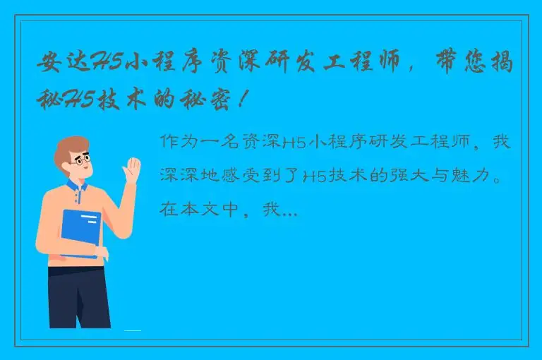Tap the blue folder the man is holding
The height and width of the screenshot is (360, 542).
[x=80, y=233]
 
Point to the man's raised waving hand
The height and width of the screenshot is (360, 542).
[x=132, y=172]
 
